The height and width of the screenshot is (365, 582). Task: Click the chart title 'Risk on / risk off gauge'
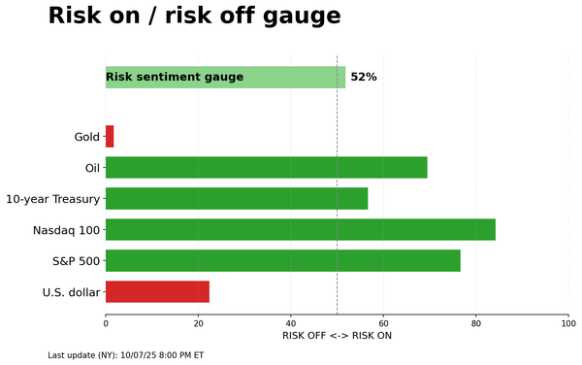(x=194, y=17)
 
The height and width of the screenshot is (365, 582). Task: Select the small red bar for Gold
(x=110, y=137)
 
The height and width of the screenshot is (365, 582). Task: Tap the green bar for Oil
(x=266, y=168)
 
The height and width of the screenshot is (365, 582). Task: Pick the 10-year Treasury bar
(x=237, y=199)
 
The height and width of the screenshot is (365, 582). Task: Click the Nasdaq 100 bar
(x=301, y=230)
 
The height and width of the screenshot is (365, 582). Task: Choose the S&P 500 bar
(x=283, y=261)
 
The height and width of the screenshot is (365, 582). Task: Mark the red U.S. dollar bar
(x=157, y=292)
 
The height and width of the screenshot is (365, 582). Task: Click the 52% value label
(x=364, y=78)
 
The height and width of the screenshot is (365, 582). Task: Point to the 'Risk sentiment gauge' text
(x=175, y=78)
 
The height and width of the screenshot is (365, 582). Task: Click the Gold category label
(x=86, y=137)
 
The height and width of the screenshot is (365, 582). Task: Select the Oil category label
(x=92, y=168)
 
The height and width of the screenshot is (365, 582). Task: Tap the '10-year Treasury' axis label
(x=52, y=199)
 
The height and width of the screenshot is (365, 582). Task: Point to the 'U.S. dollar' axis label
(x=71, y=292)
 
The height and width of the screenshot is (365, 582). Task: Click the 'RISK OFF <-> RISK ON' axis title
(x=337, y=336)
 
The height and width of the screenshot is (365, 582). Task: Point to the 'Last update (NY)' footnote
(x=126, y=355)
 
